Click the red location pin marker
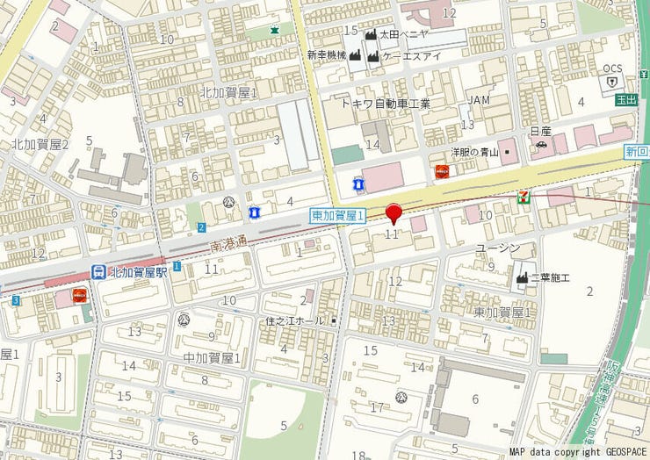pos(394,212)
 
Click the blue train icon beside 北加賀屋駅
pos(98,272)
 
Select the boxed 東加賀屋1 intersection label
pos(337,214)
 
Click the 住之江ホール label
pos(297,321)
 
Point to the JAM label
pos(478,100)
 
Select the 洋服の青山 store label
pos(475,152)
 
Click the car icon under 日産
pos(542,145)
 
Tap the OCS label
pos(612,68)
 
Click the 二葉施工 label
pos(554,277)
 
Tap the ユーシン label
pos(498,248)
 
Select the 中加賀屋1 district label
pos(212,357)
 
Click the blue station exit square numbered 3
pos(16,301)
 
